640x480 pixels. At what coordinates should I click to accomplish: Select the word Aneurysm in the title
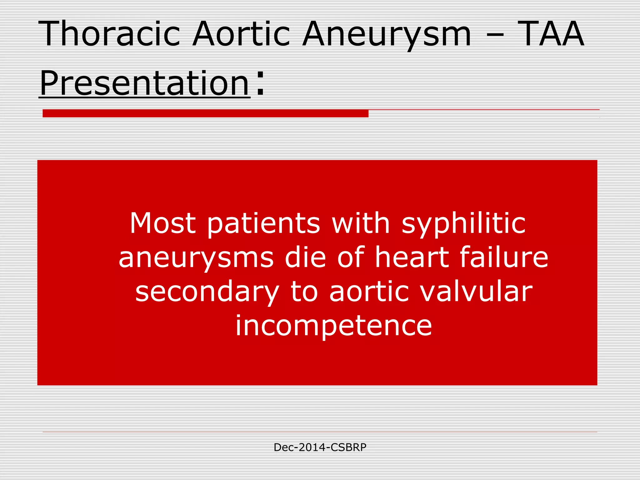coord(387,34)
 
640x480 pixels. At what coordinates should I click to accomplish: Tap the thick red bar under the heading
coord(205,113)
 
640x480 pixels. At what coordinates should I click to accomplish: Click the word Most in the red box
coord(163,223)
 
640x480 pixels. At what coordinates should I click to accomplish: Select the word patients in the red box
coord(263,224)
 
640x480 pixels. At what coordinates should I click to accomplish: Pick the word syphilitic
coord(463,224)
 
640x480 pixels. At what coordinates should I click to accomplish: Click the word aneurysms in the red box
coord(196,257)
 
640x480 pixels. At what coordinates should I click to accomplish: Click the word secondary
coord(207,292)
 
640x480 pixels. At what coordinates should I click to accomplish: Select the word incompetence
coord(333,326)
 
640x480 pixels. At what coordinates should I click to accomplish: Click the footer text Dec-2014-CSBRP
coord(320,447)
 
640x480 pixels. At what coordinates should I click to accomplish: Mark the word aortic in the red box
coord(369,291)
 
